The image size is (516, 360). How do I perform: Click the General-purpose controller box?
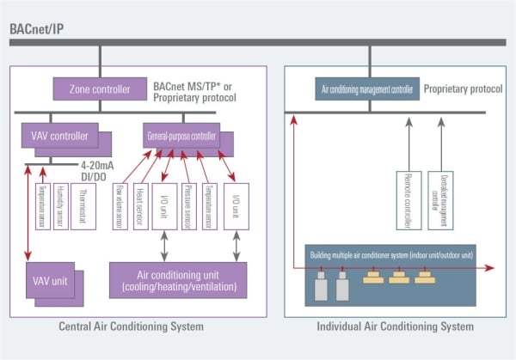tap(180, 134)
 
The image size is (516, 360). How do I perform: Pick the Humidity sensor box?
tap(61, 206)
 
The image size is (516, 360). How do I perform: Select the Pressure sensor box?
tap(187, 206)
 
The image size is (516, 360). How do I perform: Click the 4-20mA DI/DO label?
tap(101, 169)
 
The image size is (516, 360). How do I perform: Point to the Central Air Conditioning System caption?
tap(131, 326)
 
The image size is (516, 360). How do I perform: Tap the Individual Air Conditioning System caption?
tap(393, 326)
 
